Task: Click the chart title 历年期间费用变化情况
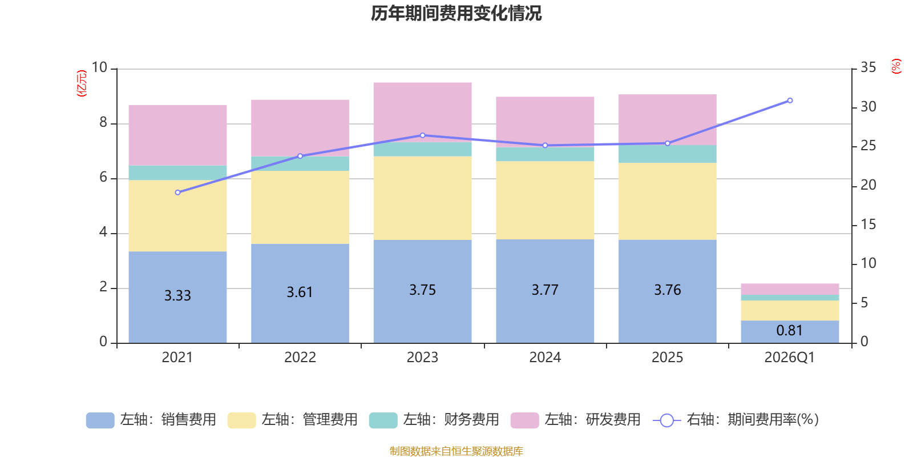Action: [x=456, y=13]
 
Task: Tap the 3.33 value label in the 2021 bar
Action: [x=177, y=295]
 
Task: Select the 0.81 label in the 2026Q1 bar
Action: [x=789, y=330]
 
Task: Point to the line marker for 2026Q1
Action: [x=790, y=101]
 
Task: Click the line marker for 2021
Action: [x=177, y=193]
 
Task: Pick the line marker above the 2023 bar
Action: [x=422, y=135]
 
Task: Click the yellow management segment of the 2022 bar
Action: [x=300, y=207]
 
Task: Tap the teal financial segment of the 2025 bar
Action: [x=667, y=154]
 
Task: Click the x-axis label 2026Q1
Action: [x=789, y=358]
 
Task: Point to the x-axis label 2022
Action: [x=300, y=358]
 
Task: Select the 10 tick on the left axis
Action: [x=99, y=67]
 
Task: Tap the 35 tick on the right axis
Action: [x=868, y=67]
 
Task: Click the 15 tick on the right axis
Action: [x=868, y=225]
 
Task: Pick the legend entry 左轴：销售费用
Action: [x=151, y=420]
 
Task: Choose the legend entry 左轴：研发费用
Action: [x=576, y=420]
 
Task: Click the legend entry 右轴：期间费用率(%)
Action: [x=736, y=420]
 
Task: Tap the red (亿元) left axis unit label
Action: [x=82, y=83]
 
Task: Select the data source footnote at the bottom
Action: [x=456, y=451]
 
